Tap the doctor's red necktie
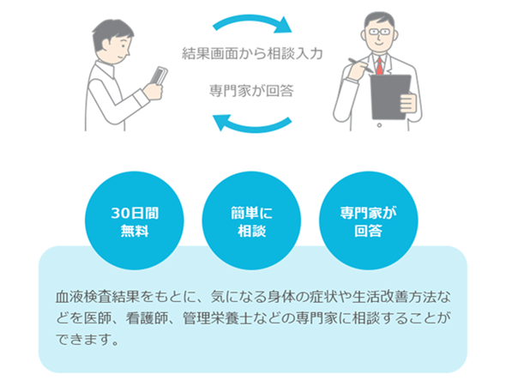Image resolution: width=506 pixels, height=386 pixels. tap(380, 66)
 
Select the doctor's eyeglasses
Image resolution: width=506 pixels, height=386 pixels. tap(379, 32)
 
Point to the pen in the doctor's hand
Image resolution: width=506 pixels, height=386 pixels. tap(360, 65)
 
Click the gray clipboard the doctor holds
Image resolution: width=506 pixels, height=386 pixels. tap(390, 97)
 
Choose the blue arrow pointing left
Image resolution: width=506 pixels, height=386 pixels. tap(252, 124)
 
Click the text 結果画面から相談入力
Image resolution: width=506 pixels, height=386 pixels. tap(252, 53)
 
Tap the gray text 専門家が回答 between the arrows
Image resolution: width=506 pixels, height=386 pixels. tap(251, 90)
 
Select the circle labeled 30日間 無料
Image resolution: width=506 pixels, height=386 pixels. tap(135, 220)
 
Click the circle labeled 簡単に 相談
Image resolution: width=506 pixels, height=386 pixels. tap(251, 220)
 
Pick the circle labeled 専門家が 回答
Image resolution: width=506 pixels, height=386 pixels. tap(369, 220)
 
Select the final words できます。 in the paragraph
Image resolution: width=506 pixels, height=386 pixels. tap(87, 339)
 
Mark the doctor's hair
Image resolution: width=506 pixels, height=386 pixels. tap(380, 20)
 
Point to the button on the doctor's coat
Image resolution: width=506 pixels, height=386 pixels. tap(379, 125)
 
